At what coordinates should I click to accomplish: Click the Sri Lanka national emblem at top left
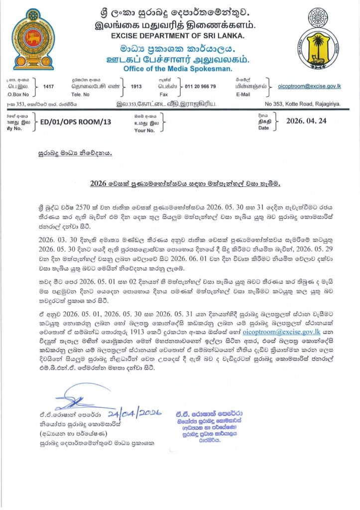pos(33,39)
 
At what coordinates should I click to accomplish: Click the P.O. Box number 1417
pos(48,87)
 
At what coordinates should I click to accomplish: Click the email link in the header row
pos(310,86)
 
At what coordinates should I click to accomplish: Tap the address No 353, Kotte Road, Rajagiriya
pos(303,104)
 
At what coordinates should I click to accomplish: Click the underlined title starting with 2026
pos(185,183)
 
